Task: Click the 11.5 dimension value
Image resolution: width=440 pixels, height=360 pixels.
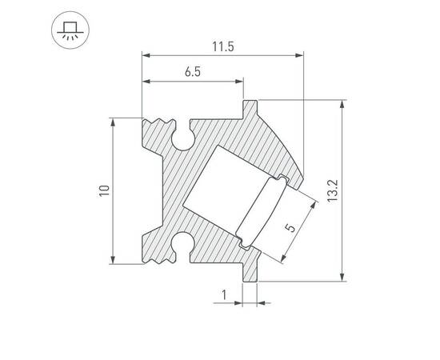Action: pyautogui.click(x=223, y=46)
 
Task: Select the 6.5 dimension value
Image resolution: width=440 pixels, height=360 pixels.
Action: pyautogui.click(x=192, y=72)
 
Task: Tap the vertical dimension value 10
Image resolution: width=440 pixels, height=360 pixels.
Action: pyautogui.click(x=103, y=190)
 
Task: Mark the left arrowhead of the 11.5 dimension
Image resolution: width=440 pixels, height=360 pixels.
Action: pyautogui.click(x=146, y=55)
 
